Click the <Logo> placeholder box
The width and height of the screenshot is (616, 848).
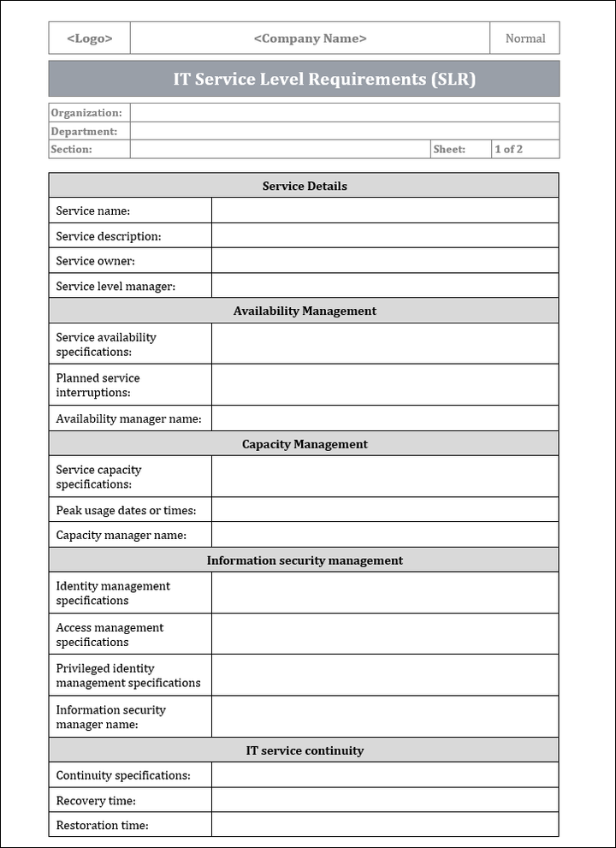coord(90,39)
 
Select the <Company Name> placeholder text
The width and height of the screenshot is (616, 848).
coord(310,39)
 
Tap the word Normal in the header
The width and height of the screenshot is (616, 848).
coord(524,39)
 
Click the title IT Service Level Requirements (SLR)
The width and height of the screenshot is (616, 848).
coord(324,80)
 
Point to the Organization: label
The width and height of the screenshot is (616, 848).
coord(86,113)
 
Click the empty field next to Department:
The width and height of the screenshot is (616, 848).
coord(345,131)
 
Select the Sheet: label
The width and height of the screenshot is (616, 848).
coord(449,149)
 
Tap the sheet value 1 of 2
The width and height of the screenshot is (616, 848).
coord(508,149)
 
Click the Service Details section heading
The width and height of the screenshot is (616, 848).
coord(305,186)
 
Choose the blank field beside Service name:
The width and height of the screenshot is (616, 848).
coord(384,211)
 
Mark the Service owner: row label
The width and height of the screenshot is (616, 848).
coord(96,261)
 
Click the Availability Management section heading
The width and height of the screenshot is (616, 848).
coord(305,311)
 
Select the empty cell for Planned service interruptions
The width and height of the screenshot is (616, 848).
coord(384,385)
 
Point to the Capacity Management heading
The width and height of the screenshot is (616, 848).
coord(305,444)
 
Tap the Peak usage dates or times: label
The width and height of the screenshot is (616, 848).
coord(126,510)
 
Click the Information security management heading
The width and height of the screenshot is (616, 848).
coord(305,560)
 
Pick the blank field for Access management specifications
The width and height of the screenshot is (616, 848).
coord(384,634)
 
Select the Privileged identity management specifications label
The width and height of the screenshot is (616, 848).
coord(128,675)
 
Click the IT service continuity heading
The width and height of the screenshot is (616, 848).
coord(305,750)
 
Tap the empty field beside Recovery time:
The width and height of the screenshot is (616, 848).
coord(384,800)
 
